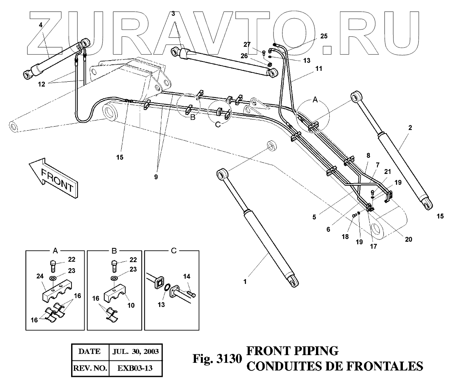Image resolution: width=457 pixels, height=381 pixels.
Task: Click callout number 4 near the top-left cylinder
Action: tap(40, 25)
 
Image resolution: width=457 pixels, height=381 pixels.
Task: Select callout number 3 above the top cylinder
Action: tap(173, 14)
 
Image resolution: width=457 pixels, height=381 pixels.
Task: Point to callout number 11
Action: tap(319, 69)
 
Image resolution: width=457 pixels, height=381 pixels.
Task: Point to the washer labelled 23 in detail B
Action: tap(115, 278)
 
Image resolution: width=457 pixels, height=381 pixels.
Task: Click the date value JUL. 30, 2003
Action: tap(136, 351)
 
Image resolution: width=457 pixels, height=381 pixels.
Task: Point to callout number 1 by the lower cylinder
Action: tap(244, 281)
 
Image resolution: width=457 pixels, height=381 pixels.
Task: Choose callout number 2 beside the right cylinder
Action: tap(410, 128)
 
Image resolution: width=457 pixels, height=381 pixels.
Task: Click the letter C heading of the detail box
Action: tap(173, 251)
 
